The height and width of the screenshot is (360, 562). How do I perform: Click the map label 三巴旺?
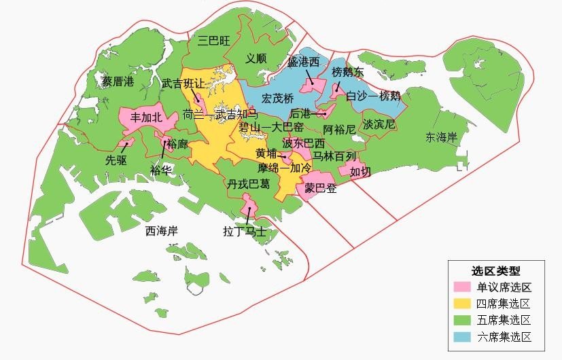[214, 41]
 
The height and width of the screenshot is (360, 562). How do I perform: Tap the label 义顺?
[256, 58]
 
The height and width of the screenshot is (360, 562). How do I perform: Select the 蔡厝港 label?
[118, 82]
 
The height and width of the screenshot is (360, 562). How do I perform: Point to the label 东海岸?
[441, 137]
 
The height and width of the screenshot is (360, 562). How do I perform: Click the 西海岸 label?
[162, 231]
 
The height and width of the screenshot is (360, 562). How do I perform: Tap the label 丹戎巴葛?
[248, 184]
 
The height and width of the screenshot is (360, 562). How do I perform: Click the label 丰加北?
[146, 118]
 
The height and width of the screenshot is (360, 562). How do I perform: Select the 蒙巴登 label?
[320, 188]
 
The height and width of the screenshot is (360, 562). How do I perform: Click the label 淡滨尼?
[379, 125]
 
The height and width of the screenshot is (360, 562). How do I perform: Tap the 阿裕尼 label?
[339, 129]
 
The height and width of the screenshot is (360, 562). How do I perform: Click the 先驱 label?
[116, 161]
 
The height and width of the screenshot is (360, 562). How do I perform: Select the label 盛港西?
[304, 62]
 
